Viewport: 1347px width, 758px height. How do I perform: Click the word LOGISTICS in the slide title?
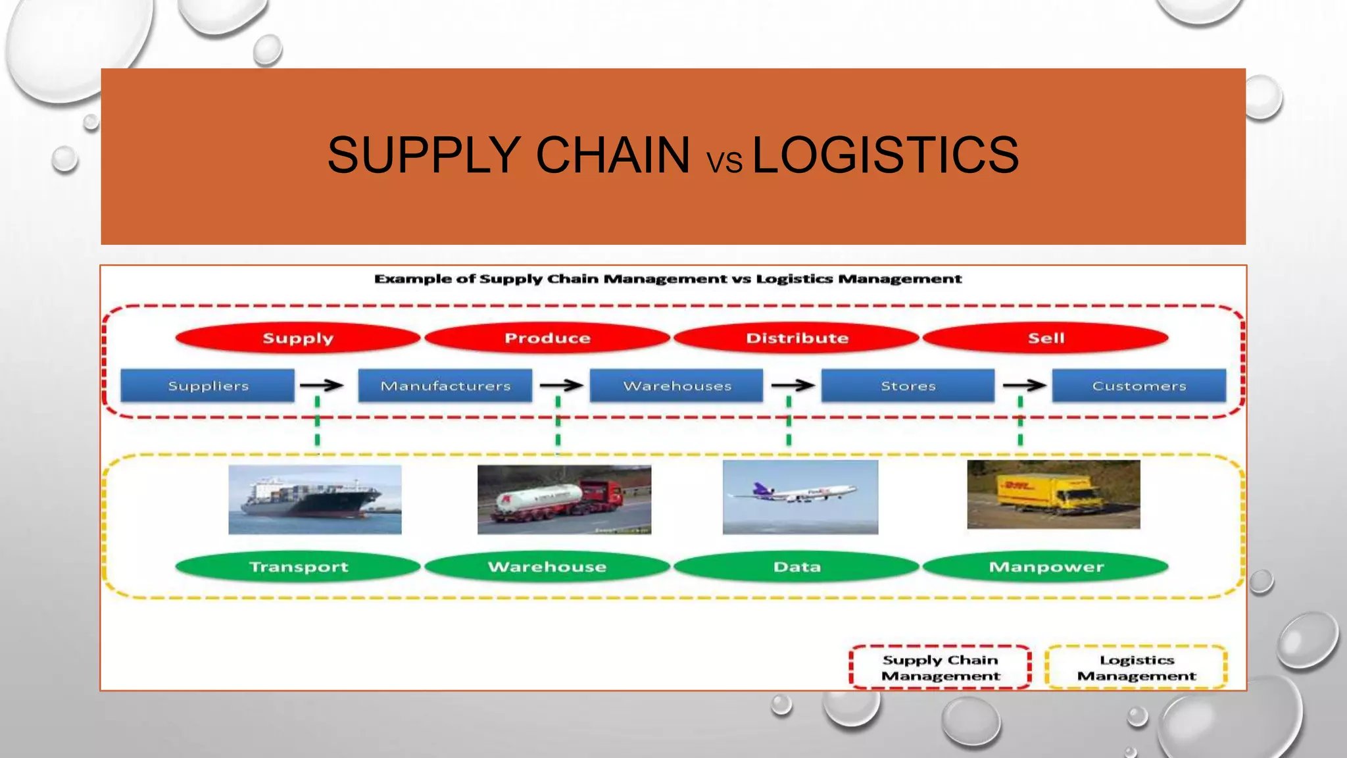pyautogui.click(x=885, y=155)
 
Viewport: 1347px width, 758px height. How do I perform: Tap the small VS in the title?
pyautogui.click(x=724, y=162)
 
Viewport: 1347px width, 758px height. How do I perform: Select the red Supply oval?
pyautogui.click(x=298, y=338)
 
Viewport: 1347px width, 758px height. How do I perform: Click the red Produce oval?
pyautogui.click(x=547, y=338)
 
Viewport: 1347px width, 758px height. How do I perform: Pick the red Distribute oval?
pyautogui.click(x=796, y=338)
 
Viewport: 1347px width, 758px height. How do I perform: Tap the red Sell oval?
pyautogui.click(x=1046, y=338)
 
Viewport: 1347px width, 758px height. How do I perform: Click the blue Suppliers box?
pyautogui.click(x=208, y=386)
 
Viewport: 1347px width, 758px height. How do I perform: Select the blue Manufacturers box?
pyautogui.click(x=445, y=386)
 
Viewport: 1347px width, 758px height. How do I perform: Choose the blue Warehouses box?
pyautogui.click(x=677, y=386)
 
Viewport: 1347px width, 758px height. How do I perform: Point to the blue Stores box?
pyautogui.click(x=908, y=386)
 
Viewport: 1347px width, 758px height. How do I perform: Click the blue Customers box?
pyautogui.click(x=1139, y=386)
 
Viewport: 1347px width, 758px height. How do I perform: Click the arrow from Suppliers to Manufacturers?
pyautogui.click(x=322, y=386)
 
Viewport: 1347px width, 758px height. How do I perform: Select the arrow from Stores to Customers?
pyautogui.click(x=1025, y=386)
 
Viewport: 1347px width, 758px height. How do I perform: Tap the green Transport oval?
pyautogui.click(x=298, y=567)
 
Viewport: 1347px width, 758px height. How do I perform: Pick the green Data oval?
pyautogui.click(x=796, y=567)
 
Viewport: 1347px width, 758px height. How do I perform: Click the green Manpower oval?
pyautogui.click(x=1046, y=567)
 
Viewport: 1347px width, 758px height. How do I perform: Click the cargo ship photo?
pyautogui.click(x=314, y=500)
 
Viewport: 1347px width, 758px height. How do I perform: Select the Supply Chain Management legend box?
pyautogui.click(x=941, y=667)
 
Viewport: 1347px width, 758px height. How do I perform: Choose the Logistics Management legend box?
pyautogui.click(x=1136, y=667)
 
